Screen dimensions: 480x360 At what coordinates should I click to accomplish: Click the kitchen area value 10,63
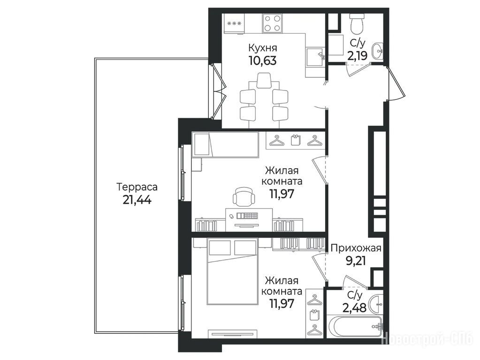263,61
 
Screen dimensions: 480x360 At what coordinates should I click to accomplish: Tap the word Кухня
263,48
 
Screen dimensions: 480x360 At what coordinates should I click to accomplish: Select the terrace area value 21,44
137,200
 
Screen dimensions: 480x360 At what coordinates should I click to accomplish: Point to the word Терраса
137,187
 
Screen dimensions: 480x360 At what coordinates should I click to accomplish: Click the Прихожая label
356,248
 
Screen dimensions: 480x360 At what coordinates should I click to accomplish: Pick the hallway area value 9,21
356,261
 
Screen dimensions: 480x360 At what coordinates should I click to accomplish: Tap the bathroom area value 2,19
357,56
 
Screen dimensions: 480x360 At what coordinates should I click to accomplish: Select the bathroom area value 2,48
355,307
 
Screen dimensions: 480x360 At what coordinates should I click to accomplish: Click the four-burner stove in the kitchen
272,23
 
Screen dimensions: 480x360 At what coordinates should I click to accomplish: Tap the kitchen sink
315,57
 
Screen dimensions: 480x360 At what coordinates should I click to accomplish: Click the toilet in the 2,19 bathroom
357,24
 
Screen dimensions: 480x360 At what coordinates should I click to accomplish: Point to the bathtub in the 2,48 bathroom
355,326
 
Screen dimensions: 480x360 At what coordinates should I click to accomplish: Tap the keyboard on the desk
247,216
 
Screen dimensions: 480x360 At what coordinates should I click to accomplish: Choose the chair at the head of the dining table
264,81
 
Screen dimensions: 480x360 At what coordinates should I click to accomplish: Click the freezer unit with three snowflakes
235,23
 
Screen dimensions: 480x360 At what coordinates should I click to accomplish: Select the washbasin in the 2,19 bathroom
377,51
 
